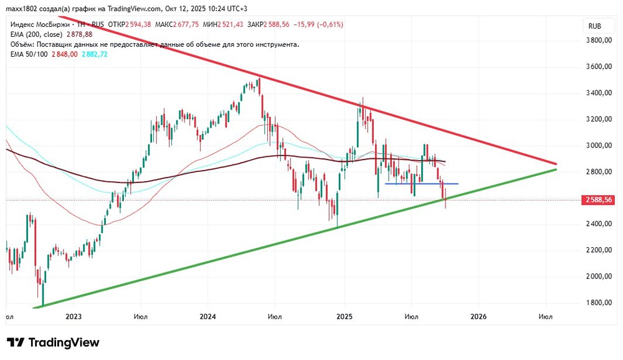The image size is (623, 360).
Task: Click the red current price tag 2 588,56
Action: coord(599,200)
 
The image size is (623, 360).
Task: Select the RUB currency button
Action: coord(595,26)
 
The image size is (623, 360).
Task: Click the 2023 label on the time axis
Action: coord(74,317)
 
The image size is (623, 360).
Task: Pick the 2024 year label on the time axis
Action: coord(207,317)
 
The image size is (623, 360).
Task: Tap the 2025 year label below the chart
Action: coord(344,317)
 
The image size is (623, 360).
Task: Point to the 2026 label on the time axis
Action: coord(478,317)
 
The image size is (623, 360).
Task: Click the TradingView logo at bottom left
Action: coord(53,343)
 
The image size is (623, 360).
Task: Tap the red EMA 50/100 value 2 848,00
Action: coord(64,54)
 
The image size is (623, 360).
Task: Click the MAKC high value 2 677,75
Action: coord(187,24)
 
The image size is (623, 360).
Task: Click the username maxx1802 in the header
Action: coord(22,9)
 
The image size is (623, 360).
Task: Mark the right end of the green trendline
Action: coord(555,169)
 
